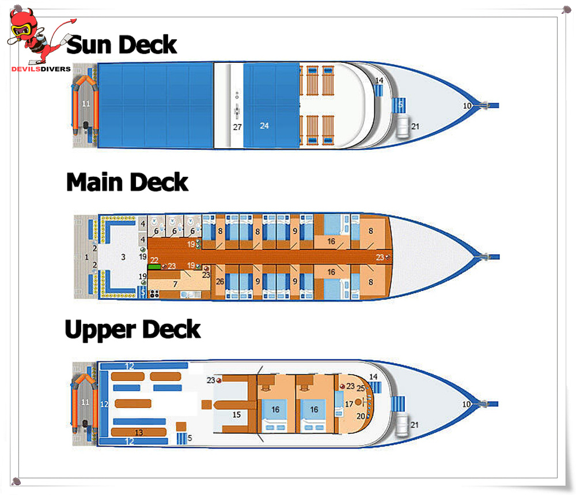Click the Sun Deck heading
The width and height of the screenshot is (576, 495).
122,44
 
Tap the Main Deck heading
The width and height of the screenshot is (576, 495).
127,182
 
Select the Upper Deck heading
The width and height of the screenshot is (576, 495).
132,330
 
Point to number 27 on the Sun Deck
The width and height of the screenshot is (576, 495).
237,127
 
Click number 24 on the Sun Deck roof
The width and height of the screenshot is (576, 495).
264,125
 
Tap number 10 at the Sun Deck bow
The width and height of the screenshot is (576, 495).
467,105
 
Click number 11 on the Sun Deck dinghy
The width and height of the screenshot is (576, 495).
86,104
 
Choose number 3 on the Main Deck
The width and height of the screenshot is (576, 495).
123,257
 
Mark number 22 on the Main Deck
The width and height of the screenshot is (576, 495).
154,260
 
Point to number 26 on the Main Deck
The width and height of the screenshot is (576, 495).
219,282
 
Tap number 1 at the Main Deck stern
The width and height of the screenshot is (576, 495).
87,257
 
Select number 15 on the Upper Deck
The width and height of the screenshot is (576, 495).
236,414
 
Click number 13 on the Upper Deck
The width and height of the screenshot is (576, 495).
138,432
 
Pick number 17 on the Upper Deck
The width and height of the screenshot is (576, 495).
348,404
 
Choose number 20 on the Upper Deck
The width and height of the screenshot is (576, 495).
360,415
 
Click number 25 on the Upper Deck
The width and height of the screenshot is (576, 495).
361,388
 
